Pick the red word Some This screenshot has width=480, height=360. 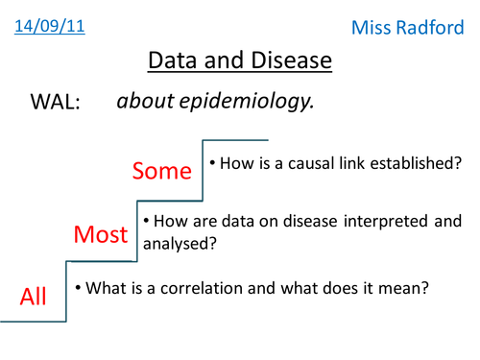pos(162,172)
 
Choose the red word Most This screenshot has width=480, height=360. pos(101,234)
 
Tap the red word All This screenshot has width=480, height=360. pos(34,297)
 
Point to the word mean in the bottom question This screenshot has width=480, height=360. pos(401,286)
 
